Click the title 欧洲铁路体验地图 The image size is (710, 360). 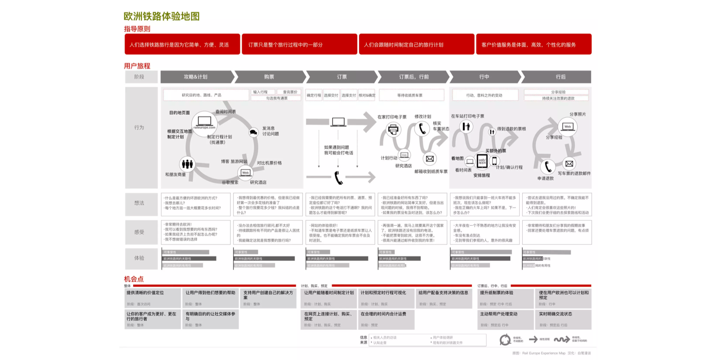[162, 16]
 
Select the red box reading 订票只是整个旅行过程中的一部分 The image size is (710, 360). [299, 45]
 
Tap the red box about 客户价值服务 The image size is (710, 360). [534, 45]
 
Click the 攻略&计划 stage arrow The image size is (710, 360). [196, 77]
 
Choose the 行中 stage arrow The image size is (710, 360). [484, 77]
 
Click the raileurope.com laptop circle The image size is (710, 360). [204, 123]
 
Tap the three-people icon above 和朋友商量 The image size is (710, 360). [187, 164]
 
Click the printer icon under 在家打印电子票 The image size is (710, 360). [393, 129]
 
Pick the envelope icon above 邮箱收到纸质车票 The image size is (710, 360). [430, 159]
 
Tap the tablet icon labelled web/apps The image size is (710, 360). [482, 161]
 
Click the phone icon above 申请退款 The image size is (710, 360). [547, 167]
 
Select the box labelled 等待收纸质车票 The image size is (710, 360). [411, 95]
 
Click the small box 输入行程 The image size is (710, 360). [261, 92]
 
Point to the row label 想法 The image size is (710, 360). [139, 203]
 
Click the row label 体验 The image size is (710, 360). [139, 258]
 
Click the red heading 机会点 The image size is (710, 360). [134, 279]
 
